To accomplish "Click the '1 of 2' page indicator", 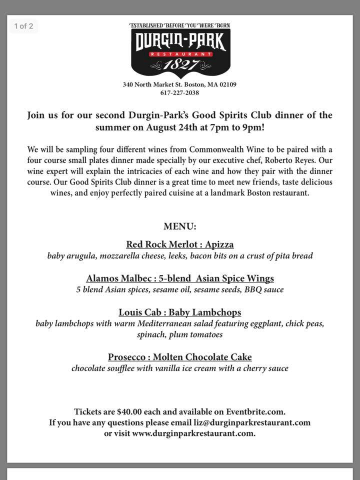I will [24, 26].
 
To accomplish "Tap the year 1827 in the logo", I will [180, 65].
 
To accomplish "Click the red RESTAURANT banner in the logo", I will [180, 53].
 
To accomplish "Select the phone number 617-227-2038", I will [180, 92].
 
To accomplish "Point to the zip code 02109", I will [226, 84].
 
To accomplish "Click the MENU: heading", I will [180, 226].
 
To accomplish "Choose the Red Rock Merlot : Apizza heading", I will [180, 244].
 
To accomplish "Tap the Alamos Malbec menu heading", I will [180, 278].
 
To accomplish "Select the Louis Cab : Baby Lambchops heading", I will [180, 312].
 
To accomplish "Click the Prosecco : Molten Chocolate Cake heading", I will [180, 357].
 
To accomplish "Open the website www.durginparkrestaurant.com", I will [193, 433].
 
